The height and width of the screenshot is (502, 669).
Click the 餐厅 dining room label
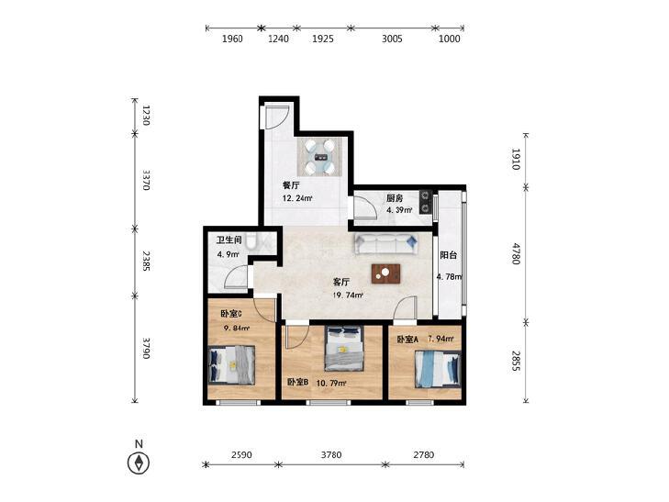point(291,185)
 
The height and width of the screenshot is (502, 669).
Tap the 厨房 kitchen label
point(395,198)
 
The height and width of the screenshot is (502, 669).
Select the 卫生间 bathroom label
point(229,240)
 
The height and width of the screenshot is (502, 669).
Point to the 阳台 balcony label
point(449,255)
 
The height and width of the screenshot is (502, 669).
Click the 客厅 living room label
point(341,282)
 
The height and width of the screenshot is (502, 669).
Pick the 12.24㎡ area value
point(297,198)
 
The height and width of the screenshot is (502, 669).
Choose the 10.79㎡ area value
point(331,383)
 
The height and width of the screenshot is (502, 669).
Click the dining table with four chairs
point(320,157)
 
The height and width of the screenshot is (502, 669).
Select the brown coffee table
point(385,273)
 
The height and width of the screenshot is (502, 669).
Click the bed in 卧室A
point(438,369)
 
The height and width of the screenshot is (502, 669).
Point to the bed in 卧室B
point(344,349)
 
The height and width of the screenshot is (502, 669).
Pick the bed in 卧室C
point(231,365)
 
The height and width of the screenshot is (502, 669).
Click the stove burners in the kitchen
point(426,202)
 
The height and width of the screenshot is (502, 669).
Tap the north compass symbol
point(139,463)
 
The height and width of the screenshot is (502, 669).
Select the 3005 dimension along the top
point(392,39)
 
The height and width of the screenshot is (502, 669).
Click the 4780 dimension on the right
point(517,254)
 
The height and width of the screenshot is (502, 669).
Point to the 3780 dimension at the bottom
point(331,455)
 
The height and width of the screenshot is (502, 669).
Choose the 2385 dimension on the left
point(146,262)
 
